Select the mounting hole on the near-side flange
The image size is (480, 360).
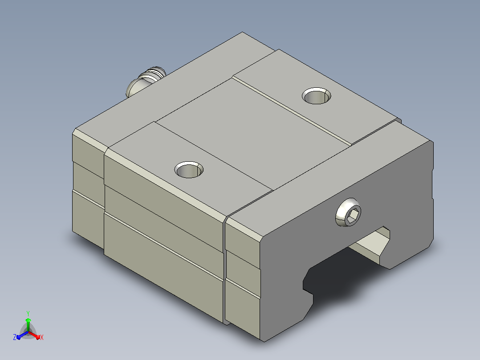point(189,169)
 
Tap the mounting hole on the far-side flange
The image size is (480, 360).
point(317,96)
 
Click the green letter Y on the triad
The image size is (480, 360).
point(28,313)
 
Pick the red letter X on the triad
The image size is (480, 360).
point(42,337)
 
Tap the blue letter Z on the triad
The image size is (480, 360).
point(15,337)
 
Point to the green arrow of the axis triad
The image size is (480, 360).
point(28,324)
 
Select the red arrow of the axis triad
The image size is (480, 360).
point(34,335)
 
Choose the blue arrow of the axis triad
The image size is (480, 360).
point(22,335)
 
